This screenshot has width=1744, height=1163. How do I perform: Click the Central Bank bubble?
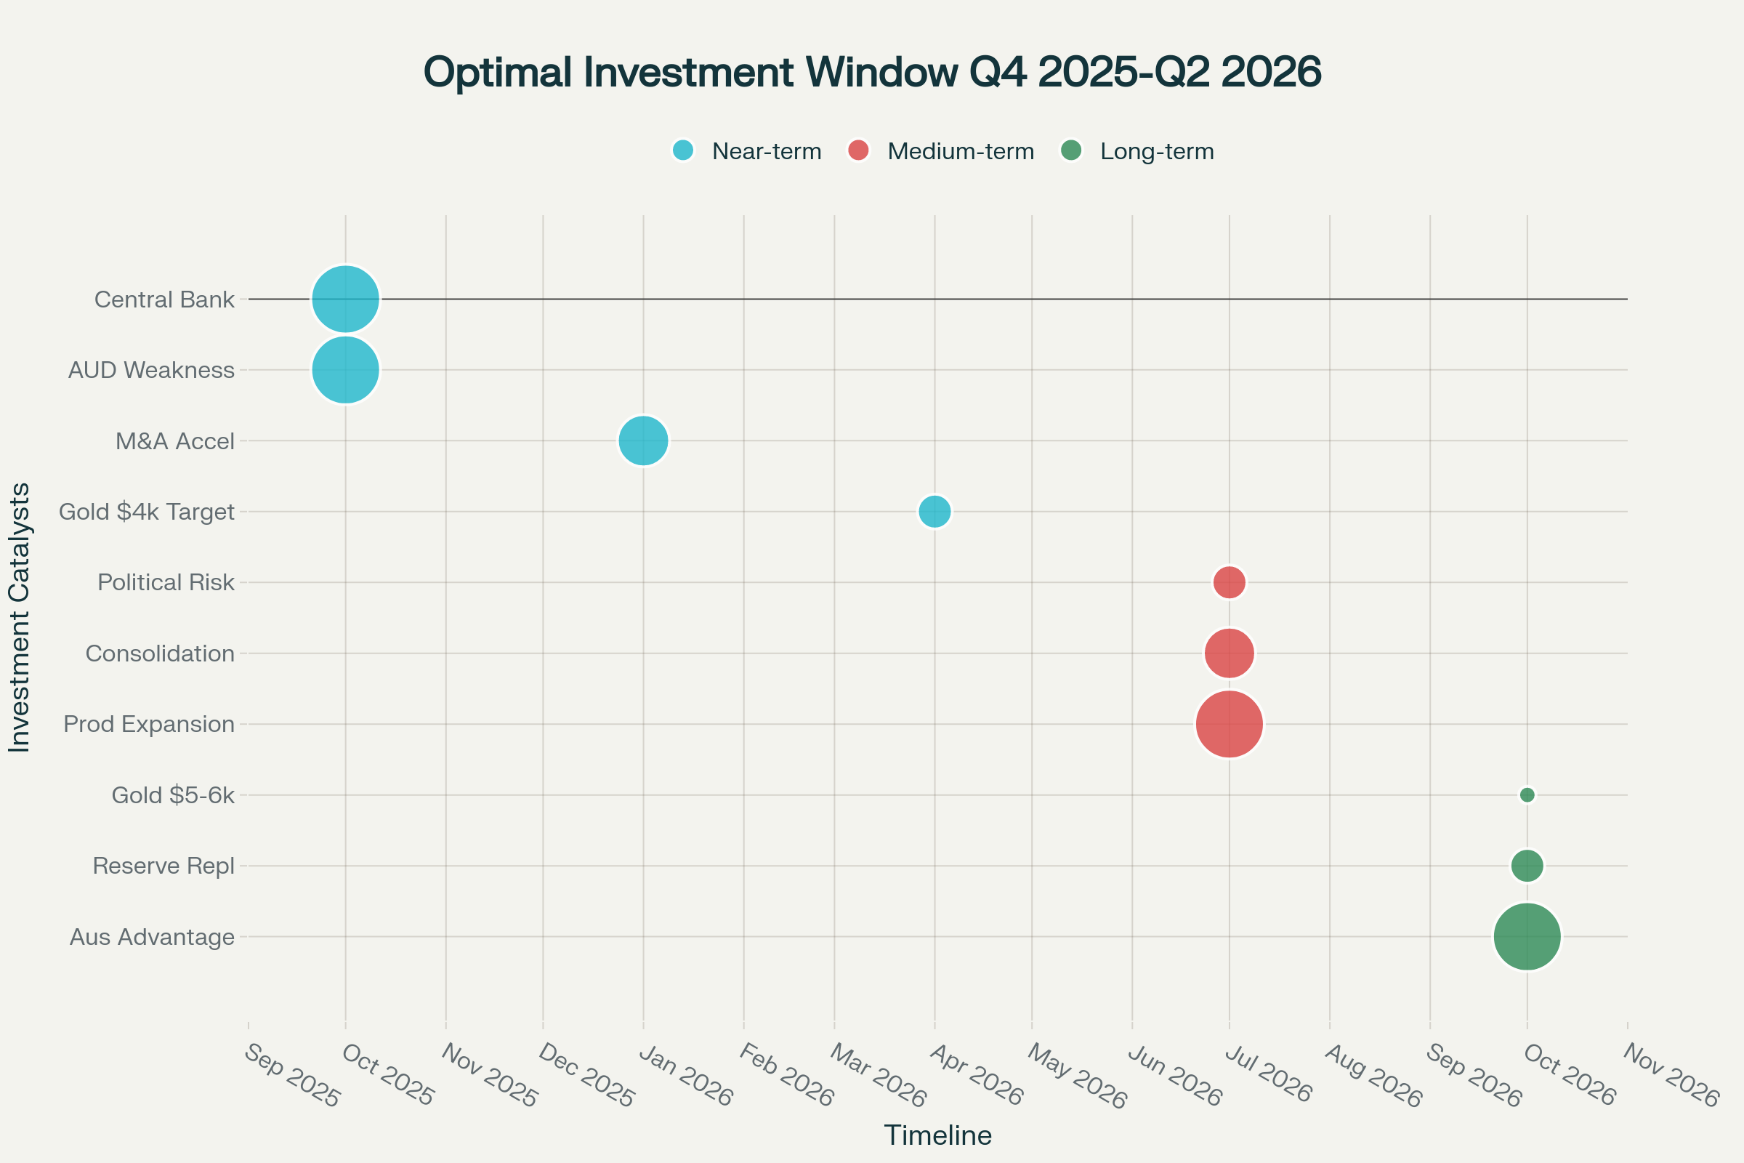(x=346, y=299)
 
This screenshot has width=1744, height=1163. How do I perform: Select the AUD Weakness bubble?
(x=346, y=369)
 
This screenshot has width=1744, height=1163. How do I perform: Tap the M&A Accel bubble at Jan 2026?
(x=644, y=440)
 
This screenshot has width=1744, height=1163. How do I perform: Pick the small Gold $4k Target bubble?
(x=934, y=511)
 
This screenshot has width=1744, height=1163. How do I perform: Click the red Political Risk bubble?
(x=1230, y=582)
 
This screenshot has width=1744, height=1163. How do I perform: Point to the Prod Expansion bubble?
(x=1230, y=724)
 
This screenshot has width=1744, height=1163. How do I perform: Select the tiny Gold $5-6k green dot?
(x=1527, y=795)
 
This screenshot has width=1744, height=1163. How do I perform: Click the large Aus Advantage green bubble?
(x=1527, y=937)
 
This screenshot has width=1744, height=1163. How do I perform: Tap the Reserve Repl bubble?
(x=1527, y=866)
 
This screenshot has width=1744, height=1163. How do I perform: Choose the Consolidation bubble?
(x=1230, y=653)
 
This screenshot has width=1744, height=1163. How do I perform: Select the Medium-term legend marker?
(x=858, y=150)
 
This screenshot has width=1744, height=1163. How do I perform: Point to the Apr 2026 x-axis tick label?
(x=977, y=1076)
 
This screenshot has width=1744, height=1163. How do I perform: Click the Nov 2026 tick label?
(x=1671, y=1076)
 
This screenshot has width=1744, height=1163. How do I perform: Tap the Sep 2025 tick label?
(x=291, y=1076)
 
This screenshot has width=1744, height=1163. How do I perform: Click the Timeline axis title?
(x=937, y=1135)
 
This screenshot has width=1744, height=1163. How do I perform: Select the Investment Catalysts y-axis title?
(x=20, y=617)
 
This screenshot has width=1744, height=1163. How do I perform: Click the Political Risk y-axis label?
(x=166, y=582)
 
